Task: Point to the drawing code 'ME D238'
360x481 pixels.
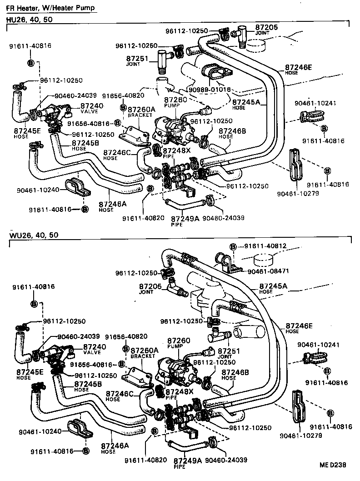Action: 333,465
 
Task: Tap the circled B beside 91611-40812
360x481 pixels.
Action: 232,246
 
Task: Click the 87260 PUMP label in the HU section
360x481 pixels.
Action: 175,102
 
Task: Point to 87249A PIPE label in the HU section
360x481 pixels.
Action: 185,220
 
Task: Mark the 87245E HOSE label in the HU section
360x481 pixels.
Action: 27,132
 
